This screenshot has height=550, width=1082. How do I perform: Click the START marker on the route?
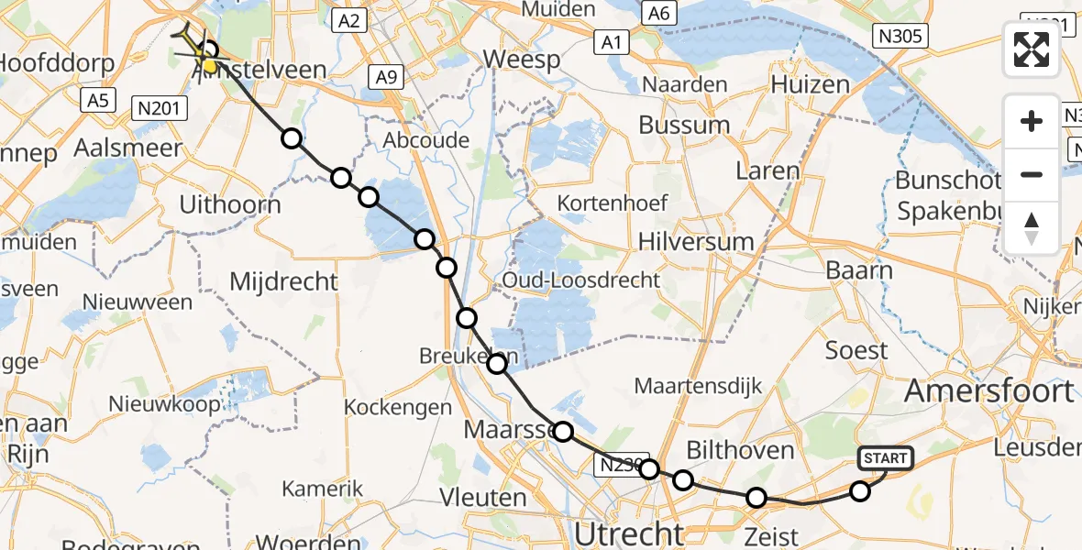pos(884,458)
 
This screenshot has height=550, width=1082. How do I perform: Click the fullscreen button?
pos(1032,49)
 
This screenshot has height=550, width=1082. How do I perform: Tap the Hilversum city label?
pos(697,242)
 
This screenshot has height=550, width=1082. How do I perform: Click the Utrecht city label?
pos(629,533)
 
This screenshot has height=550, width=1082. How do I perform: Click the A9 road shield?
pos(387,79)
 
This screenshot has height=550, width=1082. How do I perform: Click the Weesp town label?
pos(522,60)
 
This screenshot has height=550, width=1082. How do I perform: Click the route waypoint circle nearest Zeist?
pos(756,498)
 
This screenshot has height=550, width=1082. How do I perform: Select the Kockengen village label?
pos(398,407)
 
